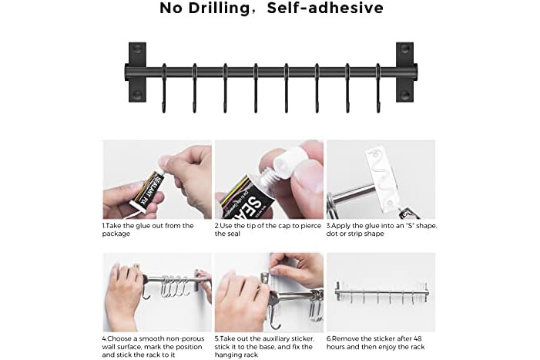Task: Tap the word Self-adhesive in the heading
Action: tap(325, 8)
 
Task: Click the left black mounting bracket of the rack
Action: tap(137, 72)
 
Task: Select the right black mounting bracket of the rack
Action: tap(405, 72)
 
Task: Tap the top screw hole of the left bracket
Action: tap(137, 48)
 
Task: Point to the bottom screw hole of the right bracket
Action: tap(405, 95)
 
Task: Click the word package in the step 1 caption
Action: tap(116, 234)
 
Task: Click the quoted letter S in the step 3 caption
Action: tap(409, 226)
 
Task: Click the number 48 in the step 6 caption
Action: tap(417, 339)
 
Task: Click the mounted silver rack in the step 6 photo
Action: tap(381, 293)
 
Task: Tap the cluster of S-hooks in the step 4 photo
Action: tap(174, 286)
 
